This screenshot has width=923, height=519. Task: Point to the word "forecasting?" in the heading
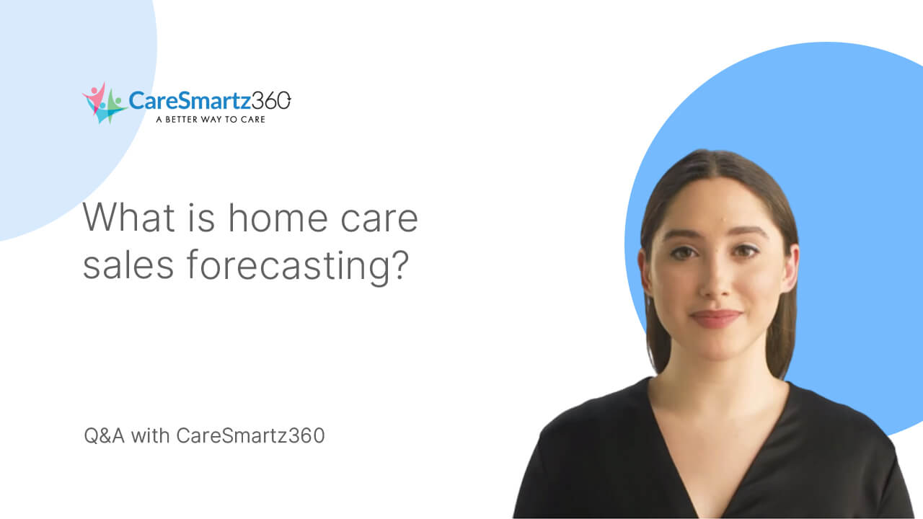tap(299, 267)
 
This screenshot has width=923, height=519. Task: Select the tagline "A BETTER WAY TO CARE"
tap(210, 119)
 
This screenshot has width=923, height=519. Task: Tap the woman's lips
tap(715, 318)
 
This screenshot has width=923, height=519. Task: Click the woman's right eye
tap(684, 253)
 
